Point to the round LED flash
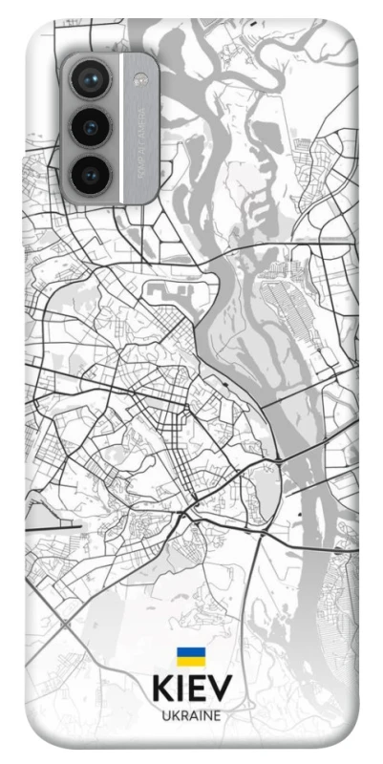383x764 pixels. tap(141, 78)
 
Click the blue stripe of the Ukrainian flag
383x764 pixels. tap(190, 652)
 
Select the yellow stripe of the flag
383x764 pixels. tap(190, 661)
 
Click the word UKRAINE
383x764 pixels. tap(190, 715)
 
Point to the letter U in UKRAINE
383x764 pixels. tap(164, 715)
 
